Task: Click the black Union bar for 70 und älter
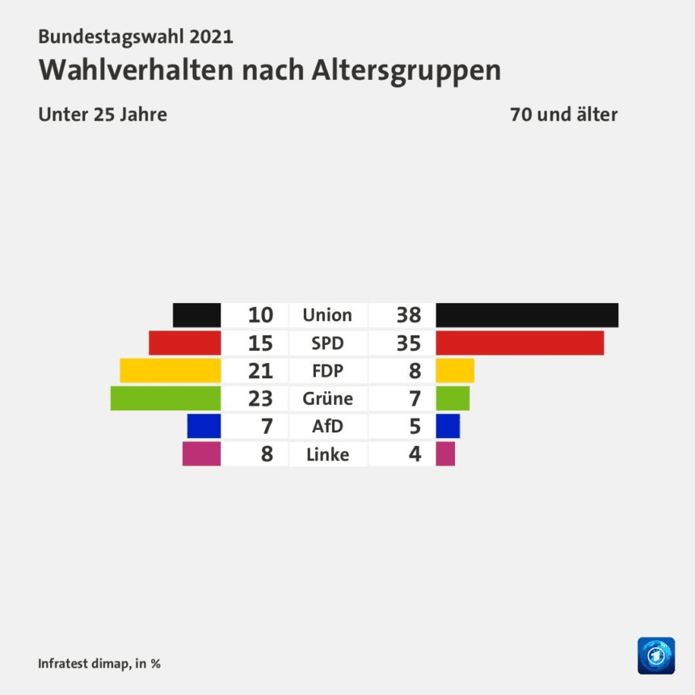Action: tap(527, 315)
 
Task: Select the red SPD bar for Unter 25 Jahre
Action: tap(184, 343)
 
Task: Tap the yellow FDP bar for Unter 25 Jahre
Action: tap(170, 370)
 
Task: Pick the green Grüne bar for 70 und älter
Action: tap(453, 398)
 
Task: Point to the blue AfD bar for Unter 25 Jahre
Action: tap(204, 426)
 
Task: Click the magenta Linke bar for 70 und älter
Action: tap(445, 453)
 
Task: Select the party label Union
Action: tap(327, 315)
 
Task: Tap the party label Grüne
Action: tap(327, 398)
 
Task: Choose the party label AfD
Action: tap(327, 426)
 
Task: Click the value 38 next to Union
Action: tap(408, 315)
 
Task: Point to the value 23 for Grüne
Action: tap(260, 398)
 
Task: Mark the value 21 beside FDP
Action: tap(260, 371)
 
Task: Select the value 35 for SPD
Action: tap(408, 343)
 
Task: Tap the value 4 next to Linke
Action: tap(415, 454)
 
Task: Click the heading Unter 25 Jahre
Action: tap(103, 114)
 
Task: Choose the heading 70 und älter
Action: tap(563, 114)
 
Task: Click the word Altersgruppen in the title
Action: tap(405, 70)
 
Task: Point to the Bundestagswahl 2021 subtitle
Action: tap(136, 36)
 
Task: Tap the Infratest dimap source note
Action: tap(99, 663)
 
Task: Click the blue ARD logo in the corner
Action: tap(655, 655)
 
